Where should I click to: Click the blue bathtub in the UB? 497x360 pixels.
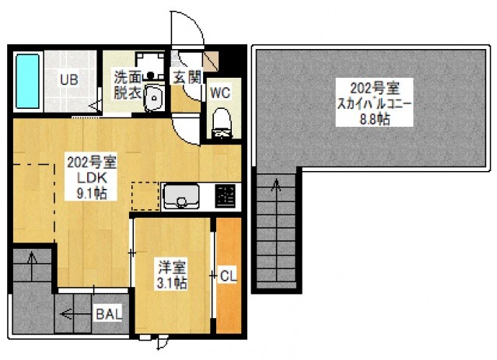point(27,81)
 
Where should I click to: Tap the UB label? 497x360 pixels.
point(69,79)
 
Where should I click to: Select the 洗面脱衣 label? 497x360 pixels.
point(128,85)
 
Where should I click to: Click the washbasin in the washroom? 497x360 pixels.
point(154,97)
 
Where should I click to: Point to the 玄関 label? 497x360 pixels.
point(187,77)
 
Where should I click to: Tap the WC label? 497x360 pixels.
point(220,93)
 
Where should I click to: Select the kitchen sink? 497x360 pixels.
point(181,196)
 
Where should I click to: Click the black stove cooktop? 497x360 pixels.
point(225,196)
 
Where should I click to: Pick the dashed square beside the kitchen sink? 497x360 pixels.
point(145,196)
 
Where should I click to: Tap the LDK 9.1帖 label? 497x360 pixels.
point(92,177)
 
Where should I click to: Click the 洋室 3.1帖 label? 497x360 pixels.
point(172,274)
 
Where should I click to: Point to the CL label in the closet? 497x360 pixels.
point(228,276)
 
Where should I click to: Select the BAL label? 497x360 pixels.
point(109,314)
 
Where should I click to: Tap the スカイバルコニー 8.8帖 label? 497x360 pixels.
point(374,103)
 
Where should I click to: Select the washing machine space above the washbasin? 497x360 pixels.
point(150,65)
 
